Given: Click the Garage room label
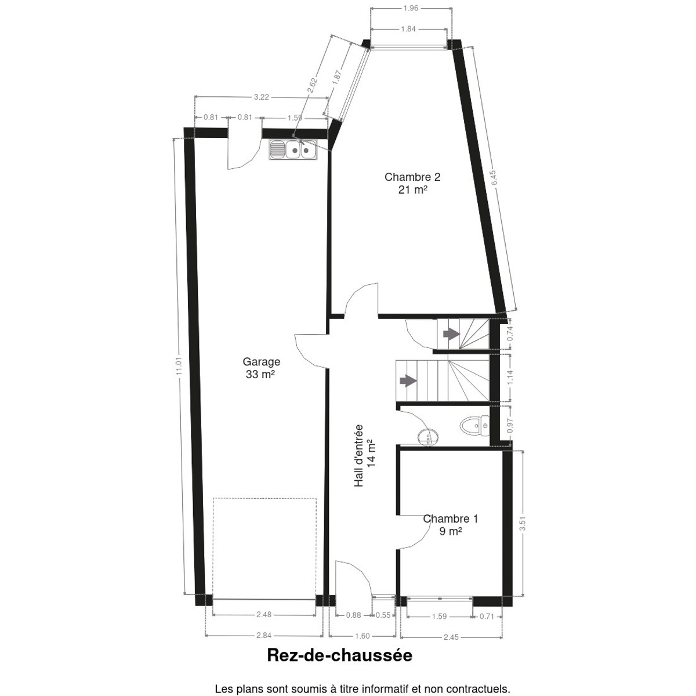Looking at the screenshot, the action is click(261, 361).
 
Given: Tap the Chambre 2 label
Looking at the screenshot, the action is click(412, 177).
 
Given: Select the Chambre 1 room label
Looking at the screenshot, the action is click(451, 519).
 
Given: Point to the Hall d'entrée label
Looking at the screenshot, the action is click(358, 456).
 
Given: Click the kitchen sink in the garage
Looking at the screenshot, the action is click(292, 149).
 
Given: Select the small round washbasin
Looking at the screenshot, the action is click(429, 437).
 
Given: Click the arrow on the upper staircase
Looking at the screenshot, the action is click(451, 334).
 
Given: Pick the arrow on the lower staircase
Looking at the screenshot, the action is click(408, 380).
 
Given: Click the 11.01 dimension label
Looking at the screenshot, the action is click(179, 366).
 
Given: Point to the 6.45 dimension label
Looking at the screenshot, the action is click(494, 177).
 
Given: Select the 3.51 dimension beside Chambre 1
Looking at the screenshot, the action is click(522, 523).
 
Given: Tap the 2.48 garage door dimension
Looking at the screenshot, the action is click(264, 614).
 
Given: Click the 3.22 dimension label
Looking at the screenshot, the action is click(261, 97).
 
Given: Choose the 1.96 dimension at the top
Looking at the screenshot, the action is click(411, 8).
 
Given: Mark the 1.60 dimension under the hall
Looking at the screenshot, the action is click(362, 636).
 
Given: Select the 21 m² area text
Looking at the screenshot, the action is click(413, 189).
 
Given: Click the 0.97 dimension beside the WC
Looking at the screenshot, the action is click(510, 426).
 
